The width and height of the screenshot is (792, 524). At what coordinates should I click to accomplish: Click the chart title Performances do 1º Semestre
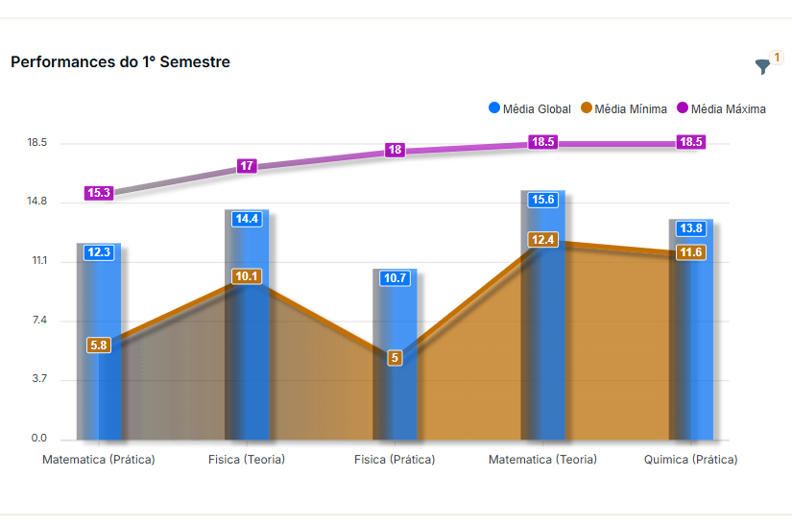tap(120, 62)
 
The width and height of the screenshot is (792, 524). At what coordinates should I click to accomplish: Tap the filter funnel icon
tap(763, 66)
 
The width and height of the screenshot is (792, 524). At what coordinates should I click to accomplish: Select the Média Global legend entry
tap(530, 108)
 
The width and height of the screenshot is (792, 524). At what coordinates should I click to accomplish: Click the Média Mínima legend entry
tap(624, 108)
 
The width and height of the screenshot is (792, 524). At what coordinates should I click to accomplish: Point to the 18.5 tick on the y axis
tap(37, 143)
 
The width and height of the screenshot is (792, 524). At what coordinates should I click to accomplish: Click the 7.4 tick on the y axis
tap(37, 321)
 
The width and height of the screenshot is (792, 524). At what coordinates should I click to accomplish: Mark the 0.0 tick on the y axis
tap(37, 439)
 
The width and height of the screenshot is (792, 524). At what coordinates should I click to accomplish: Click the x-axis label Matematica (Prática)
tap(99, 460)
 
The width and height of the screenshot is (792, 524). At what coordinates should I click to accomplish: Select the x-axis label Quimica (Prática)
tap(691, 460)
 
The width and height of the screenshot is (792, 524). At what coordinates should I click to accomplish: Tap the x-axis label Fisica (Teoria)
tap(247, 460)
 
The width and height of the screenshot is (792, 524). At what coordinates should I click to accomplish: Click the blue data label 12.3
tap(99, 252)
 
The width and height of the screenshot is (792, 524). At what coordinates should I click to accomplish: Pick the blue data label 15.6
tap(543, 200)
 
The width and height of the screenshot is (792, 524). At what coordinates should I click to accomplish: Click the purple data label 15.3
tap(99, 193)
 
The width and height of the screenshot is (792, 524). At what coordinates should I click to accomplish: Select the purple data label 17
tap(247, 166)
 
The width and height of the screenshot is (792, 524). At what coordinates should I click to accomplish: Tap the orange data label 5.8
tap(99, 345)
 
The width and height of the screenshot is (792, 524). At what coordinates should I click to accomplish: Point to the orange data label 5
tap(395, 358)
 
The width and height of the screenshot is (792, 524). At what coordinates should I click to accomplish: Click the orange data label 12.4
tap(543, 239)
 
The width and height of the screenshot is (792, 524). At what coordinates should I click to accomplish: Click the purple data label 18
tap(395, 150)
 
